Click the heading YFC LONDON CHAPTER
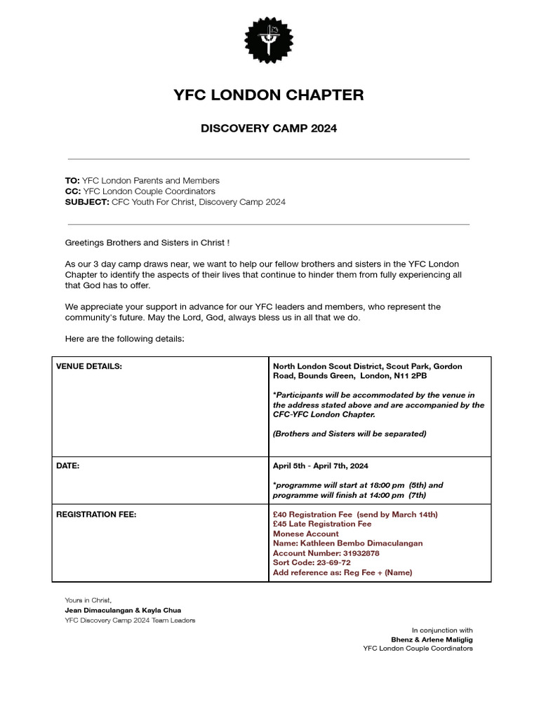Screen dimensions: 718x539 coord(269,95)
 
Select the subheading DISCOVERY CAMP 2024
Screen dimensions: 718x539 coord(269,129)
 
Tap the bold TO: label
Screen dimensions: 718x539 coord(72,181)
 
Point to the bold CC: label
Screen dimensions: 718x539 coord(73,191)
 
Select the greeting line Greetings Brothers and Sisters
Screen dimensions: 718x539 coord(147,243)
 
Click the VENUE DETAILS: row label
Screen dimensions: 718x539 coord(88,367)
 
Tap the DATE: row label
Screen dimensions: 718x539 coord(67,466)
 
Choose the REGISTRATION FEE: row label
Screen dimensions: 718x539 coord(96,515)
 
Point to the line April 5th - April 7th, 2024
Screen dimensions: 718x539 coord(320,466)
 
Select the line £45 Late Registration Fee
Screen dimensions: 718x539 coord(322,524)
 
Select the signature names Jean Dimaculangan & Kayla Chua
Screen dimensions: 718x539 coord(123,610)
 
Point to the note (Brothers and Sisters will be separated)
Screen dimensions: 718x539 coord(350,434)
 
